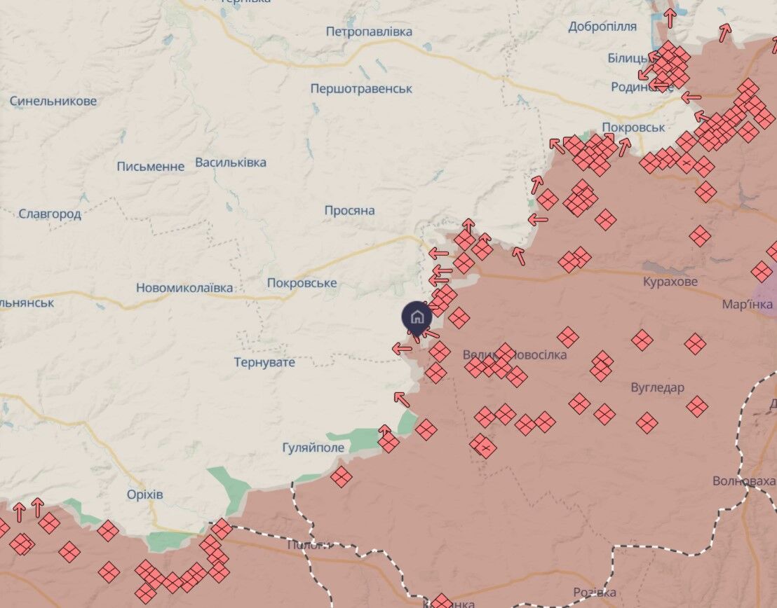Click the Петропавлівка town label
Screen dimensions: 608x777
pyautogui.click(x=369, y=32)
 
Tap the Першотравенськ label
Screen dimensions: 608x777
pyautogui.click(x=361, y=89)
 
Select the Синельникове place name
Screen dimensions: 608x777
pyautogui.click(x=53, y=101)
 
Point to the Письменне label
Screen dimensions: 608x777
pyautogui.click(x=151, y=166)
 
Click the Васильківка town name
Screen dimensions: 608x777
pyautogui.click(x=231, y=163)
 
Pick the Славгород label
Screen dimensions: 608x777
pyautogui.click(x=50, y=214)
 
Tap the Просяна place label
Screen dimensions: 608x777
pyautogui.click(x=349, y=210)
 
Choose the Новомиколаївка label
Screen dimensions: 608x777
pyautogui.click(x=184, y=288)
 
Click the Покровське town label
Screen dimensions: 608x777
pyautogui.click(x=302, y=283)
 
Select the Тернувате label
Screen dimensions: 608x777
pyautogui.click(x=264, y=362)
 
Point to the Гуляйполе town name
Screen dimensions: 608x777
pyautogui.click(x=313, y=448)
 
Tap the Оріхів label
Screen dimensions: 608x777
pyautogui.click(x=145, y=495)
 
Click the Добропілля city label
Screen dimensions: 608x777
pyautogui.click(x=602, y=27)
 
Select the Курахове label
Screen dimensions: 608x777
pyautogui.click(x=670, y=282)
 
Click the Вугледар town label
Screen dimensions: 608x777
pyautogui.click(x=657, y=387)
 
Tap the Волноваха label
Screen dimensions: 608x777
pyautogui.click(x=744, y=481)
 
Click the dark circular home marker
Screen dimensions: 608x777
pyautogui.click(x=417, y=317)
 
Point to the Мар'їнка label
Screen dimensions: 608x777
pyautogui.click(x=748, y=305)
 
